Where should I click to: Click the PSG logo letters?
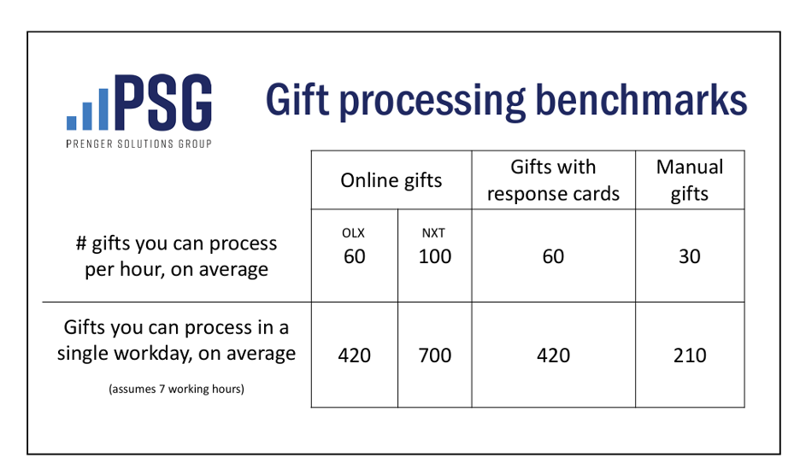pyautogui.click(x=163, y=103)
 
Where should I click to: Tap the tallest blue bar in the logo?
pyautogui.click(x=103, y=109)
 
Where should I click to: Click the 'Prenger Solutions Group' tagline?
pyautogui.click(x=138, y=144)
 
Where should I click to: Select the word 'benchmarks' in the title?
pyautogui.click(x=641, y=99)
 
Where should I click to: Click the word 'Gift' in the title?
pyautogui.click(x=297, y=99)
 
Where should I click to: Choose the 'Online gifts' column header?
pyautogui.click(x=391, y=180)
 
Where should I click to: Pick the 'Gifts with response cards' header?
pyautogui.click(x=553, y=180)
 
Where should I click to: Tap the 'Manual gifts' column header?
pyautogui.click(x=690, y=180)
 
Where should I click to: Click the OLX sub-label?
pyautogui.click(x=353, y=233)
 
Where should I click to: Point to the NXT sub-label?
pyautogui.click(x=433, y=233)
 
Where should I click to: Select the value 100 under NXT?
pyautogui.click(x=435, y=256)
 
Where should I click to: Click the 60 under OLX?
pyautogui.click(x=354, y=256)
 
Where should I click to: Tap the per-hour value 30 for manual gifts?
pyautogui.click(x=689, y=256)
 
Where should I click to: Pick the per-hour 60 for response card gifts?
pyautogui.click(x=553, y=256)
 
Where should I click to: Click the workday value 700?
pyautogui.click(x=435, y=355)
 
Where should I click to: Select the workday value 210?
pyautogui.click(x=690, y=355)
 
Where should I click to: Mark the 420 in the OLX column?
pyautogui.click(x=354, y=355)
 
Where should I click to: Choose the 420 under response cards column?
pyautogui.click(x=553, y=355)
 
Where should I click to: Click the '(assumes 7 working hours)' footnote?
pyautogui.click(x=177, y=389)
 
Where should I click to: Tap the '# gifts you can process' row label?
pyautogui.click(x=177, y=244)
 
